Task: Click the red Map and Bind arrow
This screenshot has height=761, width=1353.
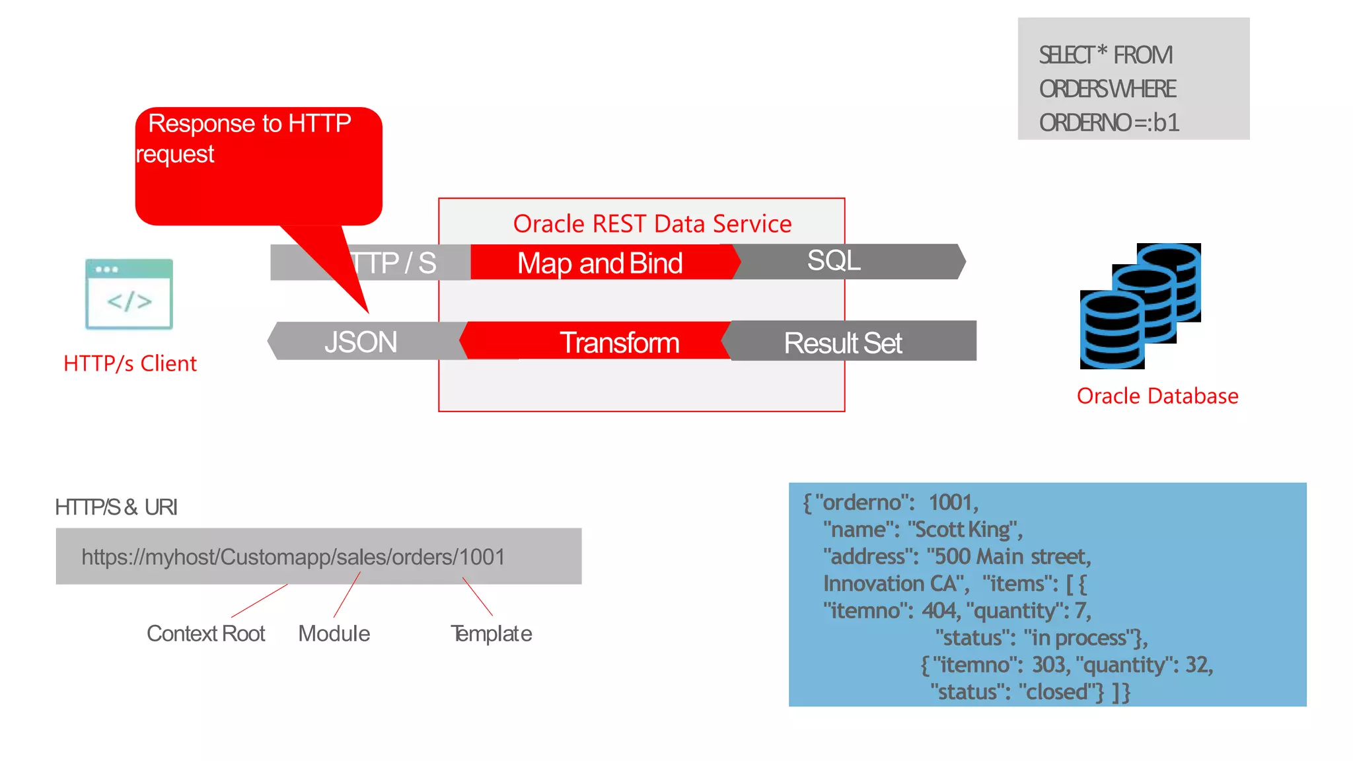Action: pyautogui.click(x=600, y=263)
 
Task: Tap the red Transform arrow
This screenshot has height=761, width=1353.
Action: pyautogui.click(x=618, y=342)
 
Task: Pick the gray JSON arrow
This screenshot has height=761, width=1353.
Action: pyautogui.click(x=361, y=342)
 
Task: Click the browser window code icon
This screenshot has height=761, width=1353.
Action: pyautogui.click(x=129, y=294)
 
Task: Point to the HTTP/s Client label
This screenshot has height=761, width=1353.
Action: pyautogui.click(x=130, y=363)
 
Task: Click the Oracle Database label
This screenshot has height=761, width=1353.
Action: pyautogui.click(x=1157, y=396)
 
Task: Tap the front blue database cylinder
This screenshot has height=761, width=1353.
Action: pyautogui.click(x=1112, y=330)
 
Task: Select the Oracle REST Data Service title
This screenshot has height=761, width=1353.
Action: pyautogui.click(x=652, y=224)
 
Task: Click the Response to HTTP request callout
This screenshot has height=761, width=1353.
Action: pyautogui.click(x=258, y=165)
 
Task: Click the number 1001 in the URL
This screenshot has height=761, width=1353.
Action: pyautogui.click(x=482, y=557)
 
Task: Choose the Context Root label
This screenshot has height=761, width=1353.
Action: pyautogui.click(x=205, y=634)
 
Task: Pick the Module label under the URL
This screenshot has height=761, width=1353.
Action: pyautogui.click(x=334, y=634)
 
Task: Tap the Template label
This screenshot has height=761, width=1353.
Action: pyautogui.click(x=491, y=634)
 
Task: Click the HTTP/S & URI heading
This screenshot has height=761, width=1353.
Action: pyautogui.click(x=116, y=507)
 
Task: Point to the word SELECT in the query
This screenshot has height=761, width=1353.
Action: pyautogui.click(x=1066, y=55)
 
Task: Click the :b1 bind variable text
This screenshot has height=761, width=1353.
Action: pyautogui.click(x=1163, y=123)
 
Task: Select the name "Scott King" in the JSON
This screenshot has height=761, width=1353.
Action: pyautogui.click(x=965, y=529)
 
